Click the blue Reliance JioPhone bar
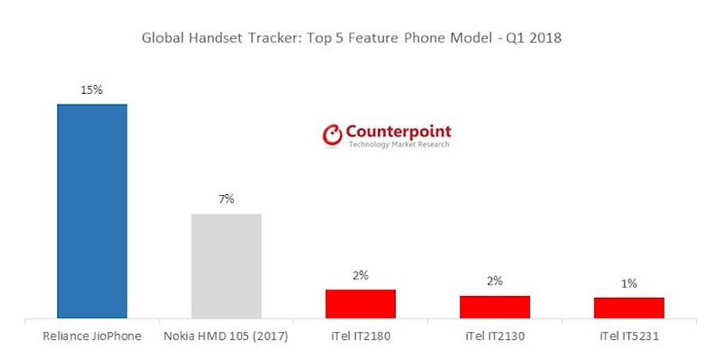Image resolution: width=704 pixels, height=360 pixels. pyautogui.click(x=92, y=211)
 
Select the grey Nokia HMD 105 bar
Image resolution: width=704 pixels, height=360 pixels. pyautogui.click(x=226, y=266)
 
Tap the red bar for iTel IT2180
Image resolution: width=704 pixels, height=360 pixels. pyautogui.click(x=361, y=304)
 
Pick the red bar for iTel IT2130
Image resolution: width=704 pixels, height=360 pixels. pyautogui.click(x=494, y=307)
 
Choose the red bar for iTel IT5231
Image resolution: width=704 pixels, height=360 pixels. pyautogui.click(x=629, y=308)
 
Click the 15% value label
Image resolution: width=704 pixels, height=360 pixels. pyautogui.click(x=92, y=90)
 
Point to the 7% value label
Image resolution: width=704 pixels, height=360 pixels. pyautogui.click(x=226, y=200)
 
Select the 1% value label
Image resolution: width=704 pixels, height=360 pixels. pyautogui.click(x=629, y=283)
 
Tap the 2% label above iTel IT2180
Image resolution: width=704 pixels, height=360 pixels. pyautogui.click(x=361, y=275)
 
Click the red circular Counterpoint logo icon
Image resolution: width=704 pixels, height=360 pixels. pyautogui.click(x=333, y=135)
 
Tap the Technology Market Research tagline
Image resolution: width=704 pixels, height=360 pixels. pyautogui.click(x=399, y=145)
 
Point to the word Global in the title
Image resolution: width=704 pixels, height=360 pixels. pyautogui.click(x=160, y=38)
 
